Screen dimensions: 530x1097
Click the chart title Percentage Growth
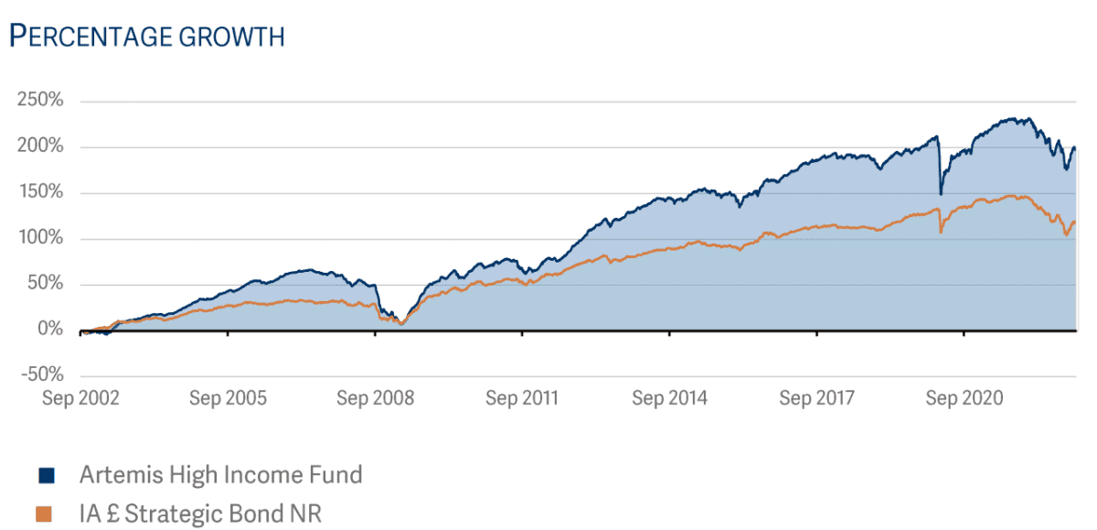pyautogui.click(x=146, y=37)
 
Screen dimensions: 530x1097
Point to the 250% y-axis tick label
pyautogui.click(x=40, y=100)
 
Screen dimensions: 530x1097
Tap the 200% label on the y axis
pyautogui.click(x=40, y=146)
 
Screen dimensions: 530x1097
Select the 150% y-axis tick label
pyautogui.click(x=40, y=192)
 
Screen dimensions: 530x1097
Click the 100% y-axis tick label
pyautogui.click(x=40, y=238)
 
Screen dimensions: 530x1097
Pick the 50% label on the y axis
pyautogui.click(x=44, y=284)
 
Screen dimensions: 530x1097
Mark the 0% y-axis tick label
pyautogui.click(x=48, y=330)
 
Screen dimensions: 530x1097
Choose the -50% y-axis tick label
pyautogui.click(x=40, y=375)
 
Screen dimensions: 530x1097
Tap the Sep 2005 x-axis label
pyautogui.click(x=228, y=398)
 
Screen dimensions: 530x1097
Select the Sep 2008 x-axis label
pyautogui.click(x=375, y=398)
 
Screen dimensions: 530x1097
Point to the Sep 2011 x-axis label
pyautogui.click(x=522, y=398)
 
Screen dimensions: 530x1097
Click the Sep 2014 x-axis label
pyautogui.click(x=669, y=398)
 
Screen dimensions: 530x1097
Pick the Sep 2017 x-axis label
pyautogui.click(x=816, y=398)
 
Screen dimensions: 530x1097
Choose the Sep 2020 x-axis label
pyautogui.click(x=964, y=398)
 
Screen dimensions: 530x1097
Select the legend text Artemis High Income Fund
pyautogui.click(x=220, y=475)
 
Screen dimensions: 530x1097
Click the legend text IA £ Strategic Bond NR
pyautogui.click(x=200, y=514)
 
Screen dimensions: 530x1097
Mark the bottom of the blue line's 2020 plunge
pyautogui.click(x=941, y=194)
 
